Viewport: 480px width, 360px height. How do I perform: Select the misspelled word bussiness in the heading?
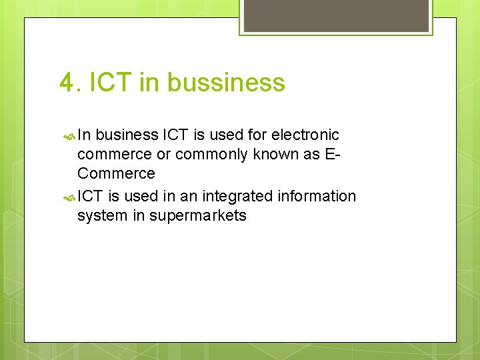(226, 83)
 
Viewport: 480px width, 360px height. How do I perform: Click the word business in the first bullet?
(127, 135)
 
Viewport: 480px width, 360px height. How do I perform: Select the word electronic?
(305, 135)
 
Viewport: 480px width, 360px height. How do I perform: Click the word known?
(275, 154)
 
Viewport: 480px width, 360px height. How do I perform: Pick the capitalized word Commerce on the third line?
(116, 173)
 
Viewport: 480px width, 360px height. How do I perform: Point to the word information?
(317, 196)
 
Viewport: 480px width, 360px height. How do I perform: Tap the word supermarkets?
(198, 216)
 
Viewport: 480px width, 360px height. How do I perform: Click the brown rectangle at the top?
(336, 15)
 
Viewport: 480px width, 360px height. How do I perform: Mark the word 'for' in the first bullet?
(256, 135)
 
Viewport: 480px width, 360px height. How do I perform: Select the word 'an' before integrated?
(189, 196)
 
